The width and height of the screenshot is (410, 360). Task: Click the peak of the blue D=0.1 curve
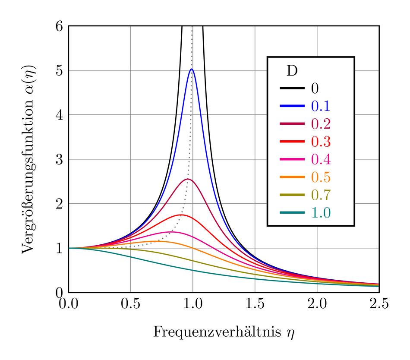click(191, 69)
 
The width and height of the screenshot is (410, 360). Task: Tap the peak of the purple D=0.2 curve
click(187, 179)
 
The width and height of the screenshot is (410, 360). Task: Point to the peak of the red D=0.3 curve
click(182, 215)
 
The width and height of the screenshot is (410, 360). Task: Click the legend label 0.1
click(321, 106)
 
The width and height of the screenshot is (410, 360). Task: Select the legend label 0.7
click(321, 195)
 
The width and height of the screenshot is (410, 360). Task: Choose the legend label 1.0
click(321, 213)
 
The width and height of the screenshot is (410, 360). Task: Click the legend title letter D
click(292, 71)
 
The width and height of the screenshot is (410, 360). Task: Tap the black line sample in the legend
click(293, 88)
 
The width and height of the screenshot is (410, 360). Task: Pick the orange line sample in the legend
click(293, 177)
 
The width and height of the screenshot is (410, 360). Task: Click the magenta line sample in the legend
click(293, 160)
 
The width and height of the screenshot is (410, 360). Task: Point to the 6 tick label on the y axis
click(60, 26)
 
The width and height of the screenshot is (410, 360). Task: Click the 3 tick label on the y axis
click(60, 159)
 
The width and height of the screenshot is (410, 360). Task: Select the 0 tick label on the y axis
click(60, 292)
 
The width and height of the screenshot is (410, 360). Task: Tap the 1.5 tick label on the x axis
click(255, 304)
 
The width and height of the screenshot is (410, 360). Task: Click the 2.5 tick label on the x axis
click(379, 304)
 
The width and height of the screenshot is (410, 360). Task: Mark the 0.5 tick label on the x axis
click(131, 304)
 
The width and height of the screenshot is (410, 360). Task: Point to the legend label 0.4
click(321, 160)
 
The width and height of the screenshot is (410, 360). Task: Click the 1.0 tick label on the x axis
click(192, 304)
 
